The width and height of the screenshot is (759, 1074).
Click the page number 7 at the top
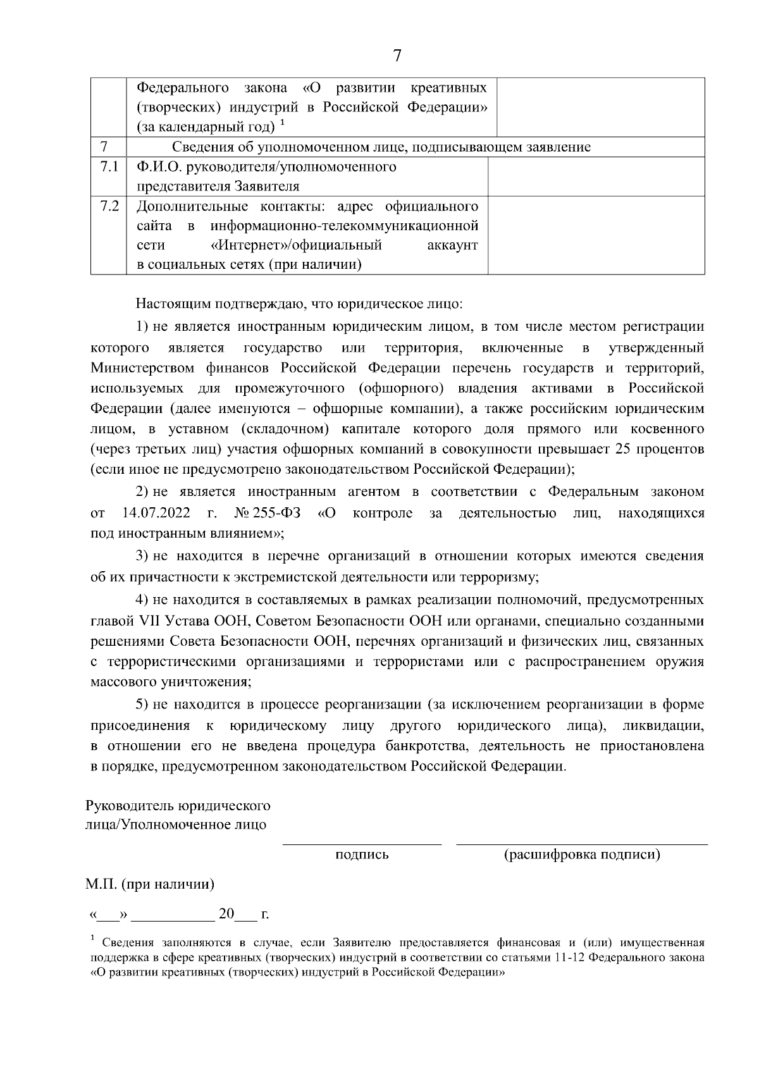[397, 56]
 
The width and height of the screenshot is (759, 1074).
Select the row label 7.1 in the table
[109, 167]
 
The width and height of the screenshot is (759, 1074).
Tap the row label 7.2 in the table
[109, 206]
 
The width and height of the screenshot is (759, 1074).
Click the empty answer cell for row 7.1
[596, 176]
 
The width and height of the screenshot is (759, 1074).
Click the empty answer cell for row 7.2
[596, 235]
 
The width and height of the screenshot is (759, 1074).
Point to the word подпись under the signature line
[362, 855]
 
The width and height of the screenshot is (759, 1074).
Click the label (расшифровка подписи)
[582, 855]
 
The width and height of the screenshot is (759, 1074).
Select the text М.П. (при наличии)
[150, 884]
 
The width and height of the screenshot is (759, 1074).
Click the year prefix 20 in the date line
[226, 914]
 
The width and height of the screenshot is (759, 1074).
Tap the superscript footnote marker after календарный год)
[282, 123]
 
